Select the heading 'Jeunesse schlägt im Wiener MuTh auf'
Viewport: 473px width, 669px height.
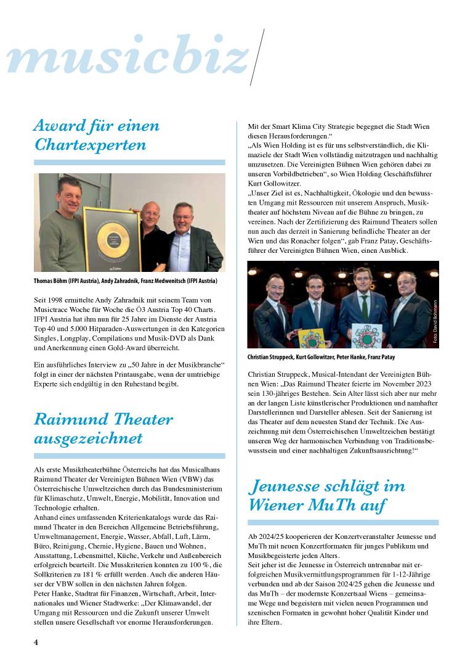tap(326, 495)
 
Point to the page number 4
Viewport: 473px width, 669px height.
tap(36, 642)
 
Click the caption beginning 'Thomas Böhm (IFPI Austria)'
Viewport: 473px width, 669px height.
tap(125, 282)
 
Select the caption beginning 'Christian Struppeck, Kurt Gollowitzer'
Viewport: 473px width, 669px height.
tap(321, 357)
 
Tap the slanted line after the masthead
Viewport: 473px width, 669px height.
tap(256, 56)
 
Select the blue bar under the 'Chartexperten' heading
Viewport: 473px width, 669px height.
tap(129, 163)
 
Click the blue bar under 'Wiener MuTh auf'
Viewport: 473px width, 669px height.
tap(343, 522)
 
